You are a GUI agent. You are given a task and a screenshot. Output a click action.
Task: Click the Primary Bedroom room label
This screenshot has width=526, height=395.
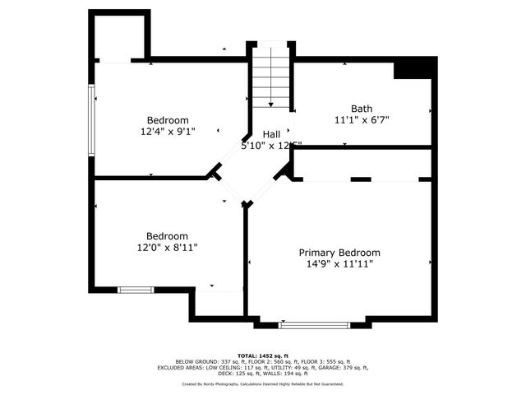pyautogui.click(x=339, y=253)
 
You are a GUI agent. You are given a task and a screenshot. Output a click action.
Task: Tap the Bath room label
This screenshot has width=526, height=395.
pyautogui.click(x=362, y=109)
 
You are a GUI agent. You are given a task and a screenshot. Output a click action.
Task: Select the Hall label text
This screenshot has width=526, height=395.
pyautogui.click(x=271, y=134)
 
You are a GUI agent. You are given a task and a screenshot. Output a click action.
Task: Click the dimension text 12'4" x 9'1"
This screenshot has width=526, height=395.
pyautogui.click(x=168, y=131)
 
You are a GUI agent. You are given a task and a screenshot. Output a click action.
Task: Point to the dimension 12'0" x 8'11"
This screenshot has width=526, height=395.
pyautogui.click(x=168, y=247)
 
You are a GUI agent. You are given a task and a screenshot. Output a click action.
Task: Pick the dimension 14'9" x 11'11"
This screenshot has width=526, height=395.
pyautogui.click(x=339, y=264)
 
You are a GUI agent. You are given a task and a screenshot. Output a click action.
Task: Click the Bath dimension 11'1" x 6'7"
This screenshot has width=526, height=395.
pyautogui.click(x=362, y=120)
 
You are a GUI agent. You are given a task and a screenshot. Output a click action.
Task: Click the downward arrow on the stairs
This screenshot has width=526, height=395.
pyautogui.click(x=271, y=104)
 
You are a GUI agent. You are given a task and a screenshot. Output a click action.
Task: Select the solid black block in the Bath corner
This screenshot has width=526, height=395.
pyautogui.click(x=413, y=70)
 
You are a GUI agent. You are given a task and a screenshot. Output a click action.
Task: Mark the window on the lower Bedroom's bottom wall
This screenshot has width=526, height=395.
pyautogui.click(x=136, y=290)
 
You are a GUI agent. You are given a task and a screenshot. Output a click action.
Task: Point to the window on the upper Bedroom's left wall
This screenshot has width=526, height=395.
pyautogui.click(x=91, y=120)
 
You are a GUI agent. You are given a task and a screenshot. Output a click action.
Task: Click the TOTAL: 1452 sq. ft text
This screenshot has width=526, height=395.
pyautogui.click(x=263, y=355)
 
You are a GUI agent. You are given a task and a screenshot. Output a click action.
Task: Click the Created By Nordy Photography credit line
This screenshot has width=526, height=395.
pyautogui.click(x=263, y=383)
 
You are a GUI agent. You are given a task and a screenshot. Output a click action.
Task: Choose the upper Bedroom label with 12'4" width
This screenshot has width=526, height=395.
pyautogui.click(x=168, y=120)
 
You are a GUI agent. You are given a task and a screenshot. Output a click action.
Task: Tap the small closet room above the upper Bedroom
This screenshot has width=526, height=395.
pyautogui.click(x=120, y=37)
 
